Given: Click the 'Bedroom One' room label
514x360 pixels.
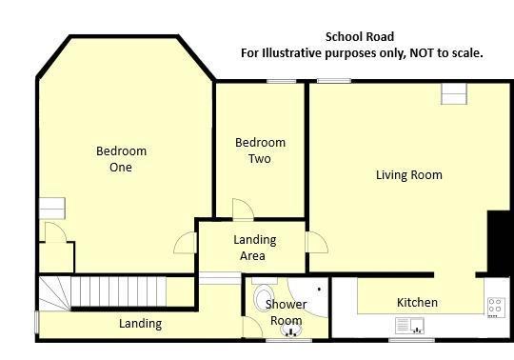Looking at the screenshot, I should point(121,159).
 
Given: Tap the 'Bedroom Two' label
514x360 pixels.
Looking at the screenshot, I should point(260,150).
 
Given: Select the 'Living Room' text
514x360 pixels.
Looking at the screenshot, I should point(408,175).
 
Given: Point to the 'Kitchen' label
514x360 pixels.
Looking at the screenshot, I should point(417,303).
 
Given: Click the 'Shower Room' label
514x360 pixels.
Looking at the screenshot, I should point(286,312).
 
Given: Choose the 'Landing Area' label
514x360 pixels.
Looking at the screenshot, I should point(254,248).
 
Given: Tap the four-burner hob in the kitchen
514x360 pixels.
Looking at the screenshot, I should point(495,307).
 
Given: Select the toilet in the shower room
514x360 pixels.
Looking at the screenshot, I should point(264,297).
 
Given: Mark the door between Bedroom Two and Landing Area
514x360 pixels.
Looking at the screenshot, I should point(244,210).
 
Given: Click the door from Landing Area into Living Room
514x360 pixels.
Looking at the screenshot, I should point(316,242).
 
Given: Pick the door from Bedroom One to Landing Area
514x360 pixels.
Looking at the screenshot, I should point(185,243).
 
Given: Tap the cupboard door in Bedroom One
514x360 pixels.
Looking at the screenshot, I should point(54,232).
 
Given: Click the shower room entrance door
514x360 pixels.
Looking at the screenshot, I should point(252,328).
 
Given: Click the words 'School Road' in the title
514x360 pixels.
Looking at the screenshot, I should point(359,37).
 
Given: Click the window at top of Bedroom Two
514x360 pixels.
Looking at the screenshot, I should point(280,81).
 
